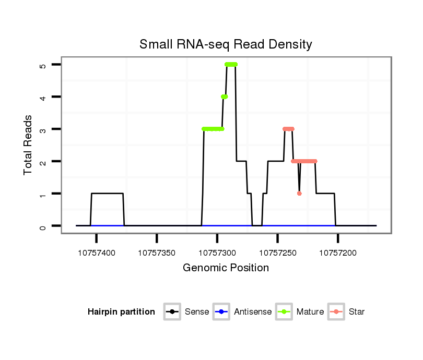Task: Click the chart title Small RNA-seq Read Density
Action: [226, 44]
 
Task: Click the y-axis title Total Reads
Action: [28, 145]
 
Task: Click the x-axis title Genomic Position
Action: [226, 268]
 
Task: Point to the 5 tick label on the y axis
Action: [43, 65]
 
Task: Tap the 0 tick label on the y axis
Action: [43, 226]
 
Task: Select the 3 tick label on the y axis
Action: [43, 129]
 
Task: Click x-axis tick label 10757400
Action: [97, 253]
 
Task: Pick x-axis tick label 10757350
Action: [157, 253]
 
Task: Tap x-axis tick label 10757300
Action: [217, 253]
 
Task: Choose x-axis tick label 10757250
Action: [277, 253]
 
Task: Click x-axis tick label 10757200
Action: [338, 253]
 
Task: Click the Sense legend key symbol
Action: [172, 312]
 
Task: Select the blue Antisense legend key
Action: [222, 312]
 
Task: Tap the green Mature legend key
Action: [284, 312]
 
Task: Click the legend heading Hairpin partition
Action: [121, 312]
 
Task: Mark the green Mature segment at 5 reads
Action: [231, 65]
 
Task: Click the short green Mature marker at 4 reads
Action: [224, 97]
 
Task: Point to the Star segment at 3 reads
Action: [288, 129]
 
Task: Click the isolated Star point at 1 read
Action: [299, 194]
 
